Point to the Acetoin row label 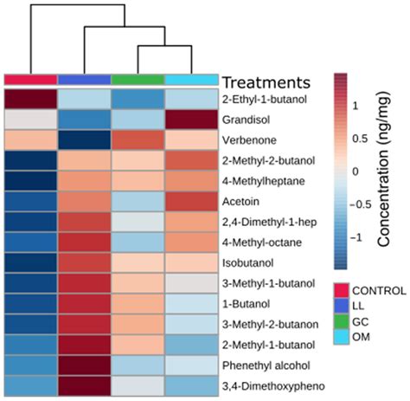coord(242,200)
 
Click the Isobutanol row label coord(247,260)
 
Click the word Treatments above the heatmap coord(266,83)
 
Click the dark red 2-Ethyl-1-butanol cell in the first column coord(31,100)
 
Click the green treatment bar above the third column coord(138,81)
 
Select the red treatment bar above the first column coord(31,81)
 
